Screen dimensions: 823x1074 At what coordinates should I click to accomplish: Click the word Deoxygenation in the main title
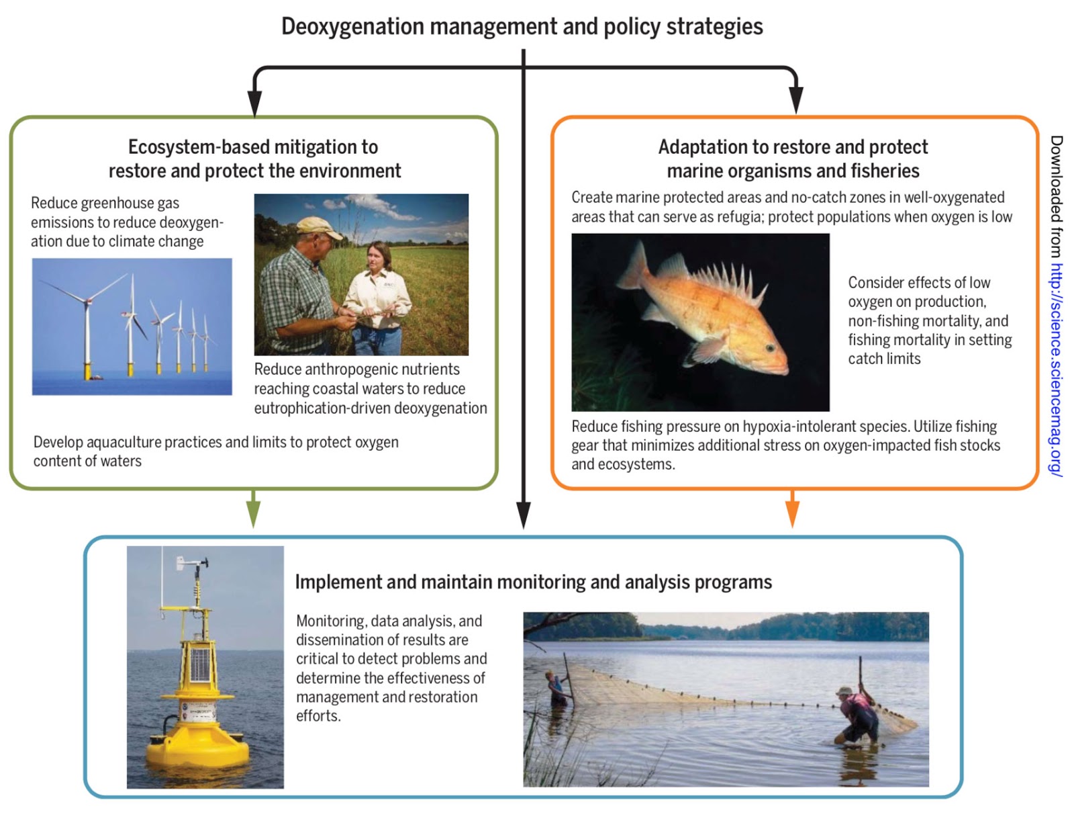click(x=352, y=27)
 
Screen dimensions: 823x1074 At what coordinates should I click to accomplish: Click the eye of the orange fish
click(x=770, y=347)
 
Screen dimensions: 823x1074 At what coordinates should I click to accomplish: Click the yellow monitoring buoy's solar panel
click(x=199, y=662)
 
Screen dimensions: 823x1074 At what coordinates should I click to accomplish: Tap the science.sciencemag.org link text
click(x=1056, y=370)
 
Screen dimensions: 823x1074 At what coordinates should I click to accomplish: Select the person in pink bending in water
click(x=857, y=713)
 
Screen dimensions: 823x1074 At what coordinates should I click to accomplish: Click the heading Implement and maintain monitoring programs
click(x=533, y=582)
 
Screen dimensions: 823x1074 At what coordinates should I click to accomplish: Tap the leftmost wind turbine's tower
click(x=87, y=336)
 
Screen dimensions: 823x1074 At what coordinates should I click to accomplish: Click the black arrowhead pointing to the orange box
click(x=796, y=102)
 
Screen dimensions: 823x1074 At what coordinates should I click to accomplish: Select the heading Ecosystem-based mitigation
click(x=253, y=147)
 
